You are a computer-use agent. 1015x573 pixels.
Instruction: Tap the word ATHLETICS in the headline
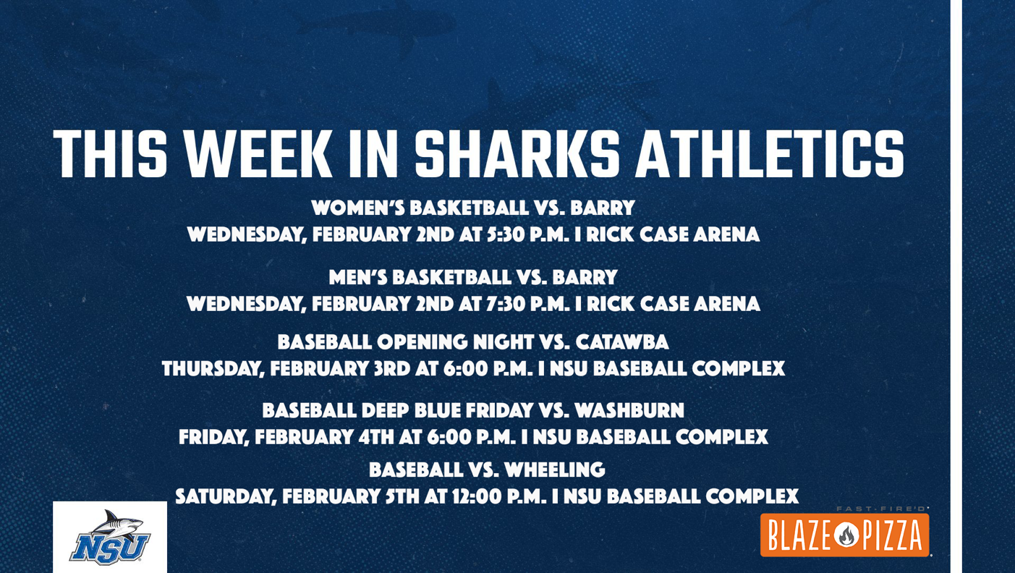(769, 154)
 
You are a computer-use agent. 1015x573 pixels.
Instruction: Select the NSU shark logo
(110, 538)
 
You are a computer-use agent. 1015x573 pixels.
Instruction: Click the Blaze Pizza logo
(844, 535)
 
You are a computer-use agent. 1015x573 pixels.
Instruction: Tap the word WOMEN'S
(357, 208)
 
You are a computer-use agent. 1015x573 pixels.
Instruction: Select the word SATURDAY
(224, 497)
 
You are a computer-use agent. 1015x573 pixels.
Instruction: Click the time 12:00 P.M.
(494, 497)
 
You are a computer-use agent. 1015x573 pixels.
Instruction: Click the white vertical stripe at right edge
(956, 286)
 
